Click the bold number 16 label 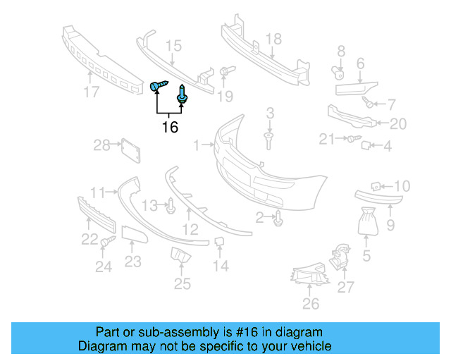(x=170, y=127)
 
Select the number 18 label (x=273, y=39)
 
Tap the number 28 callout (x=102, y=145)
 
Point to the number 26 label (x=310, y=304)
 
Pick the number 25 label (x=183, y=284)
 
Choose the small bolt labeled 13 (x=171, y=206)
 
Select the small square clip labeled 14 (x=219, y=243)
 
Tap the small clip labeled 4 (x=366, y=146)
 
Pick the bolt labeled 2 (x=279, y=219)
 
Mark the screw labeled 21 (x=352, y=140)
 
